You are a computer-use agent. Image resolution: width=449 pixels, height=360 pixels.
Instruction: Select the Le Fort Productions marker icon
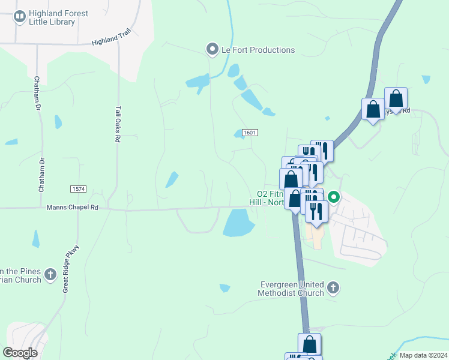[211, 49]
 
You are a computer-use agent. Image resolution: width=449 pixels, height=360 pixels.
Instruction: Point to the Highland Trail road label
[110, 42]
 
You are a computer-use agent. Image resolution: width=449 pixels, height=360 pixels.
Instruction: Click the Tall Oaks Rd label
[118, 124]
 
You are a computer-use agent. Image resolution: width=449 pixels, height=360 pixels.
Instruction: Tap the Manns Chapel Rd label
[72, 208]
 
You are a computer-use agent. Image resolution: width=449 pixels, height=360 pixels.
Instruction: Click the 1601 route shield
[250, 132]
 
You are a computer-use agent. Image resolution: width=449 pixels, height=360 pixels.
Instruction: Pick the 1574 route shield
[78, 189]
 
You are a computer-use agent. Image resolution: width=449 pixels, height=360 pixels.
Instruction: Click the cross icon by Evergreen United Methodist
[334, 289]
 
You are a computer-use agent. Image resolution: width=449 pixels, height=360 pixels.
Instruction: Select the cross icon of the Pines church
[51, 275]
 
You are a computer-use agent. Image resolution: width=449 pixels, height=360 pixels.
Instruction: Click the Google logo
[20, 352]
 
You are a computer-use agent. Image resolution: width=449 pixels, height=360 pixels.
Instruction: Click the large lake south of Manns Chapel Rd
[239, 224]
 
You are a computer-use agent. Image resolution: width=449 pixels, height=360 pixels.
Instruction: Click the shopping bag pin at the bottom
[310, 344]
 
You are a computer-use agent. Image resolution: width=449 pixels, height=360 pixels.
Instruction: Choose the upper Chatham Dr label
[37, 93]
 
